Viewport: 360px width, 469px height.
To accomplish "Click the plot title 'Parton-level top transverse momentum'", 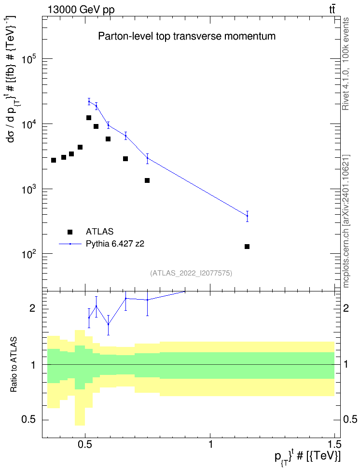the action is (x=187, y=36).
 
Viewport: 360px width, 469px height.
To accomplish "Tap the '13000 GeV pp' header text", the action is (x=81, y=10).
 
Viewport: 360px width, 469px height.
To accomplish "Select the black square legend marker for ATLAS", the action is (x=70, y=232).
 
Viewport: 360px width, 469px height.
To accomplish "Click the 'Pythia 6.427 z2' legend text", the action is (x=115, y=244).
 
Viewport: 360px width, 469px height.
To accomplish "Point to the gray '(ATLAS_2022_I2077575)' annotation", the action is (x=191, y=273).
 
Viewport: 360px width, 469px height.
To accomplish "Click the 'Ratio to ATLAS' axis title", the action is (x=14, y=365).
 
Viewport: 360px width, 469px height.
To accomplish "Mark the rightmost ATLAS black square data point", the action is (x=247, y=247).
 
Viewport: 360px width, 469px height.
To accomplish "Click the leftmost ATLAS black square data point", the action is (x=54, y=160).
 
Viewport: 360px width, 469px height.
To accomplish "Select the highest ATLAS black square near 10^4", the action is (x=89, y=118).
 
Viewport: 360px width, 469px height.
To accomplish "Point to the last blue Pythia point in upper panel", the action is (x=247, y=216).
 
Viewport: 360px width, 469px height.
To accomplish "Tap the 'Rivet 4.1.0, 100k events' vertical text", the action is (x=346, y=64).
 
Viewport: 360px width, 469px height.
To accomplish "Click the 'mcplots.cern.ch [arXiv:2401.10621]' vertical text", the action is (x=346, y=221).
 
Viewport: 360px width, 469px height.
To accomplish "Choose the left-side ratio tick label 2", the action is (x=33, y=308).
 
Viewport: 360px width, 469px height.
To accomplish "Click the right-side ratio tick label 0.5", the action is (x=350, y=420).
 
